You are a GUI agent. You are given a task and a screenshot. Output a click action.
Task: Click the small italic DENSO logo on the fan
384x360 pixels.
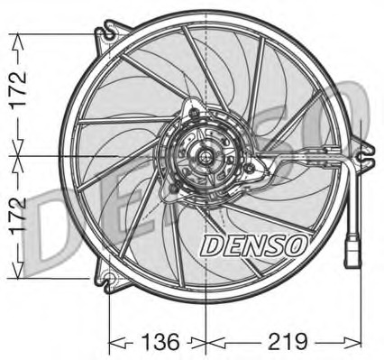point(253,244)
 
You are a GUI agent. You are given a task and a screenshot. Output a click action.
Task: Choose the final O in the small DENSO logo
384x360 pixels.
point(300,244)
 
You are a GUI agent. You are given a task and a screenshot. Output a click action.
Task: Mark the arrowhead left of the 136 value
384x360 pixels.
point(114,343)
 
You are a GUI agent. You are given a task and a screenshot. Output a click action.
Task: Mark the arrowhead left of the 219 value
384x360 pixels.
point(213,343)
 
